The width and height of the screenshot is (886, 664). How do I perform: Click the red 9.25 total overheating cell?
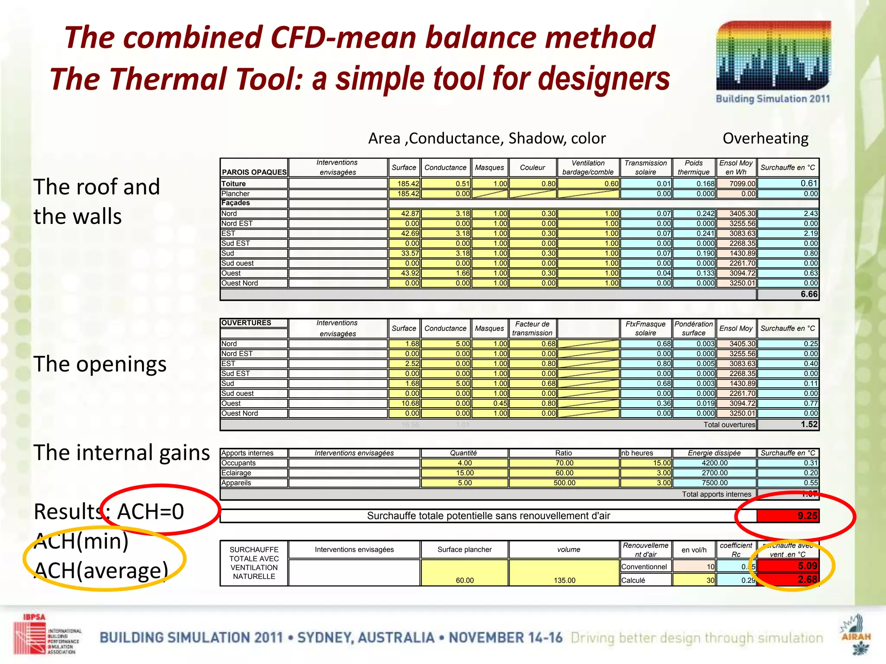tap(788, 516)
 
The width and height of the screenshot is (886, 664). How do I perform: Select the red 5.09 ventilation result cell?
tap(788, 566)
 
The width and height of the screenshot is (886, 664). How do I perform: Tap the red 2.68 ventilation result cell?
tap(788, 580)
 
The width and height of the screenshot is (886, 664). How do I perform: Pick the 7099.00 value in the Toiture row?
tap(736, 184)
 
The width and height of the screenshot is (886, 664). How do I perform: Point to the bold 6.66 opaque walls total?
tap(809, 294)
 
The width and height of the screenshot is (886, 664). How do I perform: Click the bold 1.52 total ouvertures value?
tap(809, 425)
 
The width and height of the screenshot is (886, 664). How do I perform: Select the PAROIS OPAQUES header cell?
tap(254, 172)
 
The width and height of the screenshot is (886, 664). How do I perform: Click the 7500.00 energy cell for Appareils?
tap(715, 483)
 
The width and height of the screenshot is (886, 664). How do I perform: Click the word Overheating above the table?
tap(765, 138)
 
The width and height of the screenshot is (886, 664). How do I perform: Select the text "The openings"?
tap(100, 364)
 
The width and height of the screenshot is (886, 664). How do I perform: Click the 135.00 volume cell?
tap(564, 580)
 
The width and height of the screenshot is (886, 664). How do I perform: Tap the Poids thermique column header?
tap(693, 167)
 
